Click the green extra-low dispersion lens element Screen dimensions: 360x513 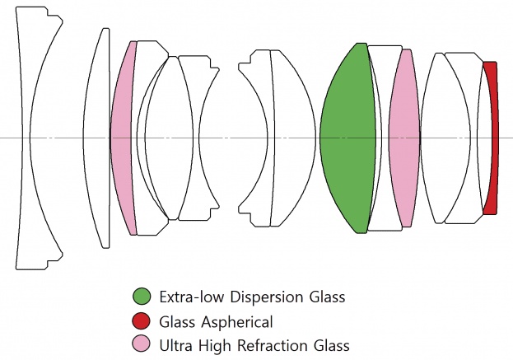point(344,138)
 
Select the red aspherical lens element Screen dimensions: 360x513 point(492,138)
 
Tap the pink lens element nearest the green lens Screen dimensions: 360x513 point(404,138)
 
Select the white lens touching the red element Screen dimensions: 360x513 point(478,138)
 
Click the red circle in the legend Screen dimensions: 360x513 point(142,321)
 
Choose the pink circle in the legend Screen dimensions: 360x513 point(142,345)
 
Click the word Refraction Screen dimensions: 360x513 point(271,345)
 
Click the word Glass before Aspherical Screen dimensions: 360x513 point(178,321)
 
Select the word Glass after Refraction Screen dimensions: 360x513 point(329,345)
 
